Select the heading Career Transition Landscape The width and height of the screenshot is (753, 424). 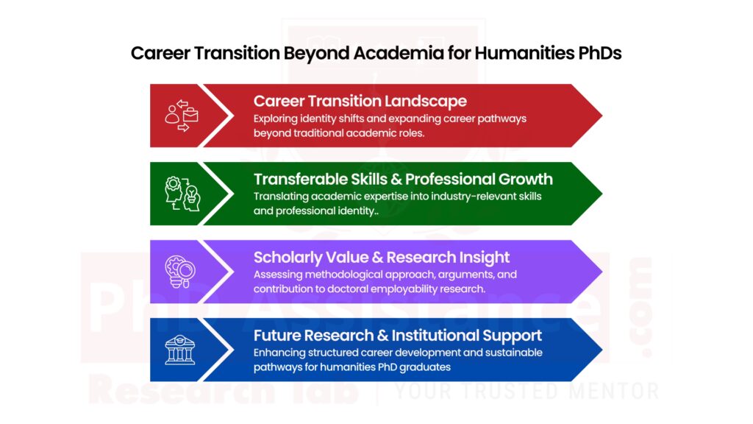(360, 101)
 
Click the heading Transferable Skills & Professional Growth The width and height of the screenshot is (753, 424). (403, 179)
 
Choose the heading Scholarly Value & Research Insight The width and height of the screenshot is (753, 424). (382, 257)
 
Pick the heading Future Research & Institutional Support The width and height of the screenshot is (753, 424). (398, 335)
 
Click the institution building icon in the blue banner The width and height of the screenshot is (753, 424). (180, 350)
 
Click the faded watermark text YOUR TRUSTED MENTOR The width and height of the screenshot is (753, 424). (527, 390)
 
